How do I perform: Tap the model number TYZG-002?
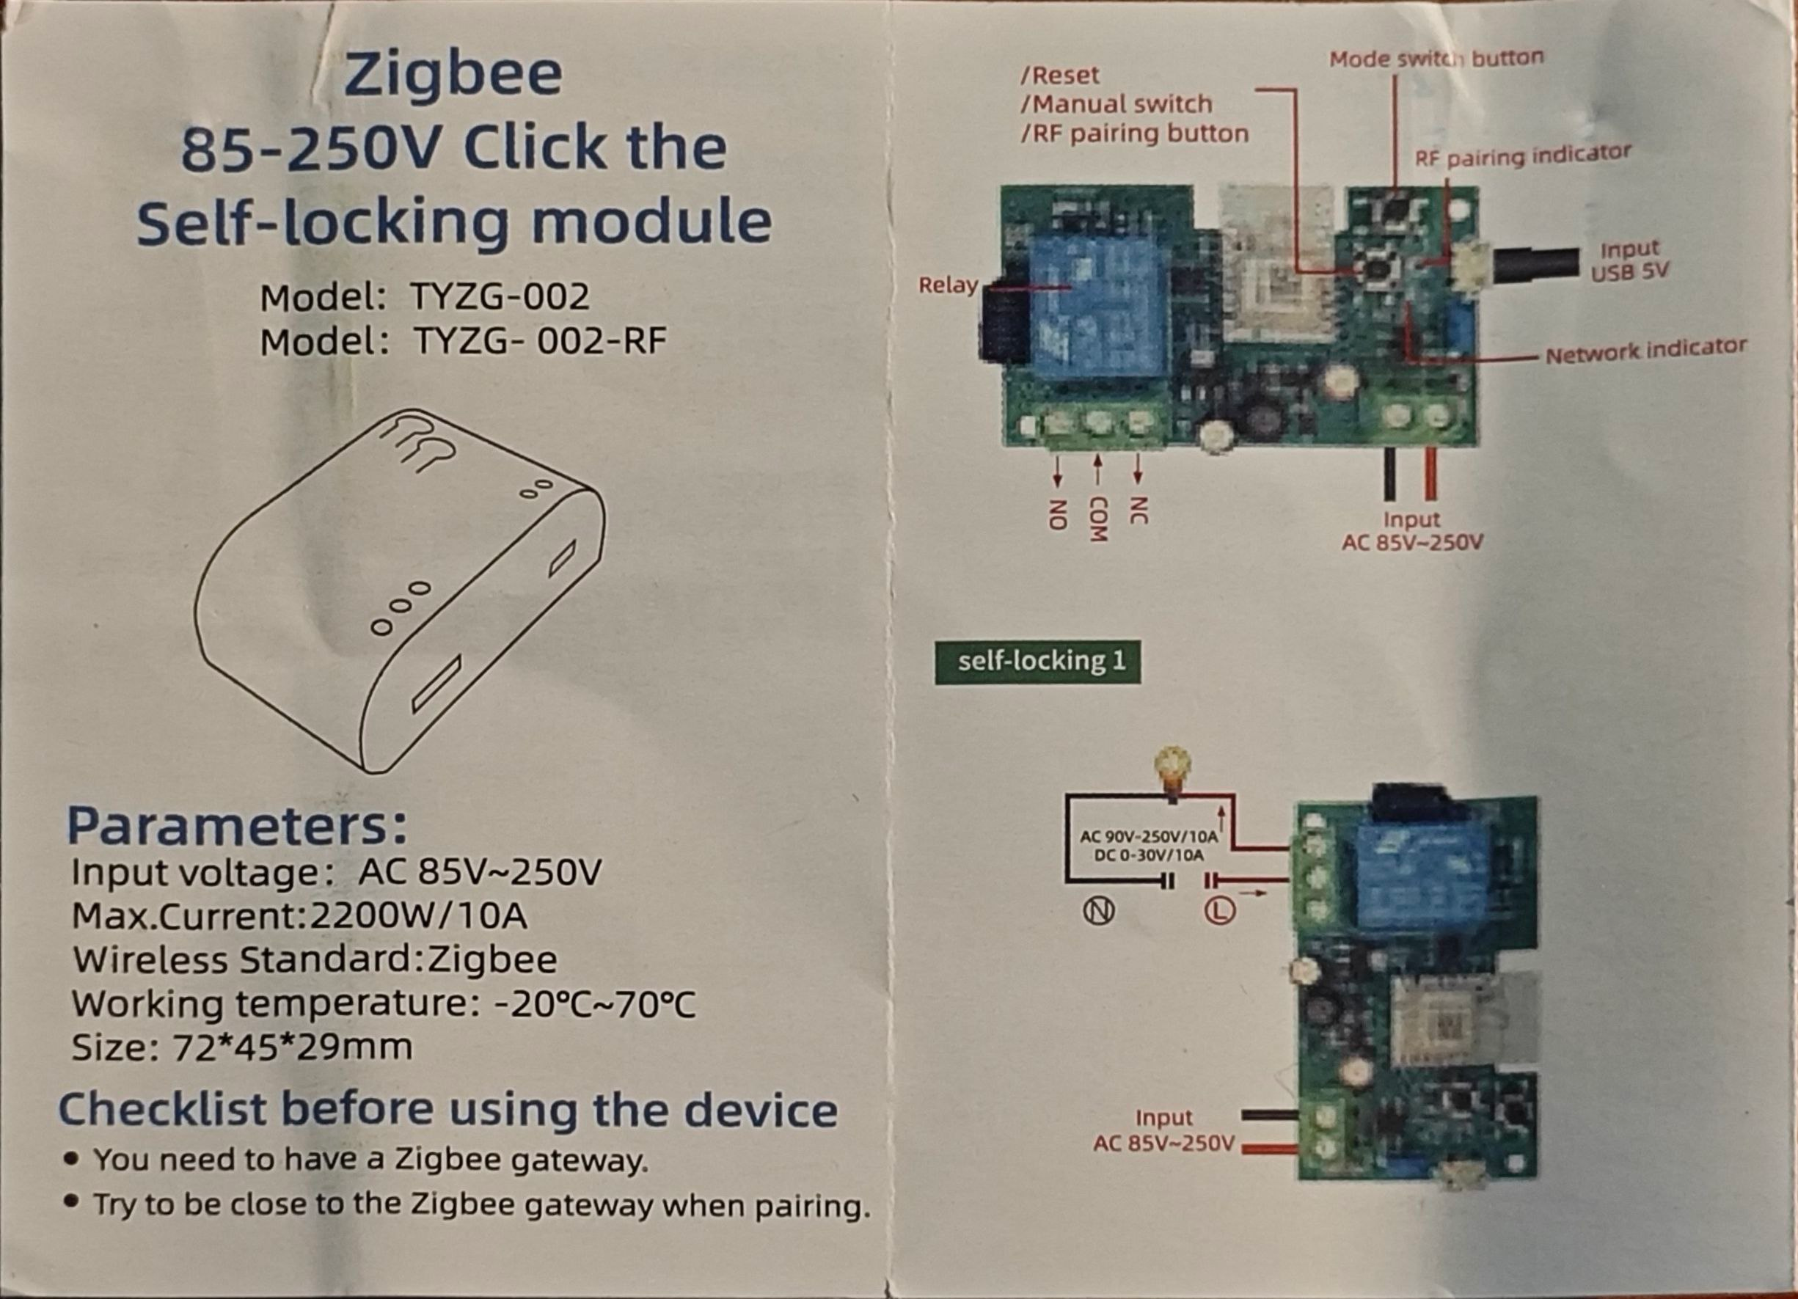pyautogui.click(x=500, y=297)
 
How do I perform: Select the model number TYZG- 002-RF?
pyautogui.click(x=540, y=342)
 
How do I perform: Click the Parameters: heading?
pyautogui.click(x=238, y=827)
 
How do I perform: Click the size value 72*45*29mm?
pyautogui.click(x=293, y=1047)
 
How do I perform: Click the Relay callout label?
pyautogui.click(x=949, y=285)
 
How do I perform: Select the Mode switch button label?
pyautogui.click(x=1436, y=59)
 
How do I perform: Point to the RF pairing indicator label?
pyautogui.click(x=1523, y=155)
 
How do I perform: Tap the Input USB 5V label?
pyautogui.click(x=1629, y=260)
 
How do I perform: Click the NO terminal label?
pyautogui.click(x=1055, y=514)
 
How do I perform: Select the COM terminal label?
pyautogui.click(x=1097, y=520)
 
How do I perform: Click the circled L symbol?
pyautogui.click(x=1219, y=912)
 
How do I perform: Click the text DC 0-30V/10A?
pyautogui.click(x=1148, y=855)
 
